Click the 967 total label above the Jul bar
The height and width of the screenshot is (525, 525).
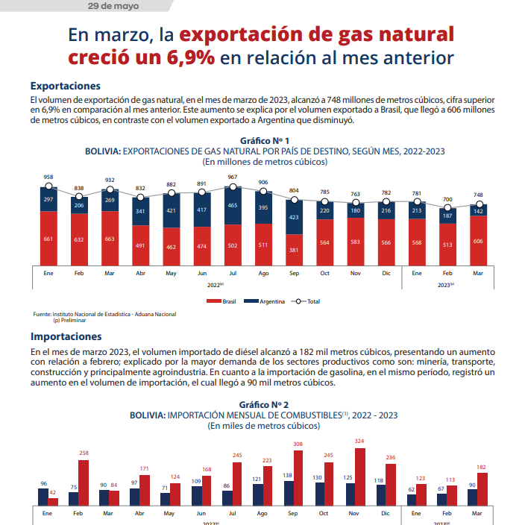coord(233,177)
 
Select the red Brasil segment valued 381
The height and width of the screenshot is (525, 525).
coord(295,248)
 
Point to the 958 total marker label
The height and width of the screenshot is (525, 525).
coord(48,177)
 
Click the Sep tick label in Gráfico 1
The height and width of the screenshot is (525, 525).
coord(295,273)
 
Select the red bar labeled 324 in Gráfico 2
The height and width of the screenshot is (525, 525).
coord(360,477)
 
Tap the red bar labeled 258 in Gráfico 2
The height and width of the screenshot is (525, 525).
coord(84,482)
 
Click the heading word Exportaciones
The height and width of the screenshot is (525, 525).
coord(65,87)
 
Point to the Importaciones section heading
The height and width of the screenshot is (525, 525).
coord(66,336)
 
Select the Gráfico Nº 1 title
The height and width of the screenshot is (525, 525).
coord(265,140)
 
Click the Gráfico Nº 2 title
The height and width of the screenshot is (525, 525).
coord(265,404)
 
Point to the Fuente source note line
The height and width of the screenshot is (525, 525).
coord(105,314)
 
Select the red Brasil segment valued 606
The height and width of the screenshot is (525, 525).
coord(479,240)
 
